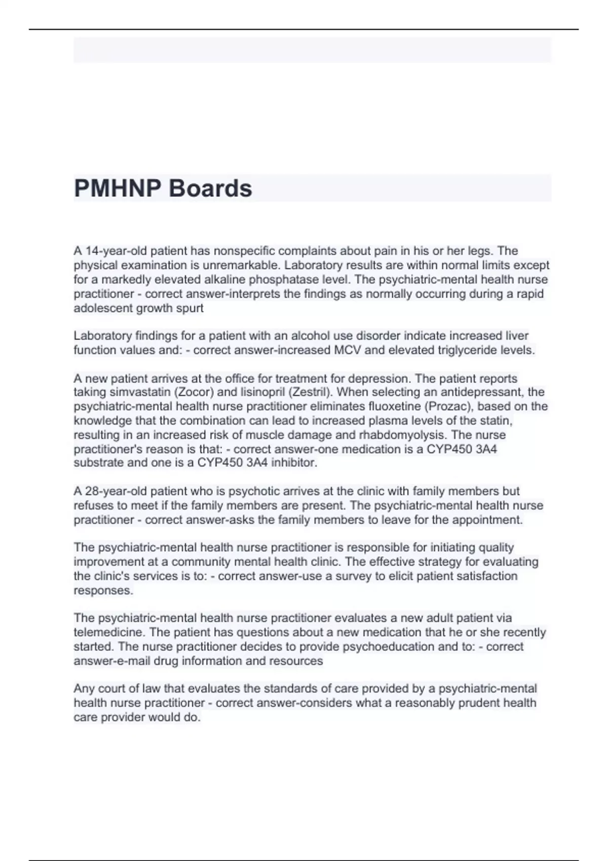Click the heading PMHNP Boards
click(163, 188)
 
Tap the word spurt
click(191, 308)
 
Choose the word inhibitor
click(296, 462)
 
